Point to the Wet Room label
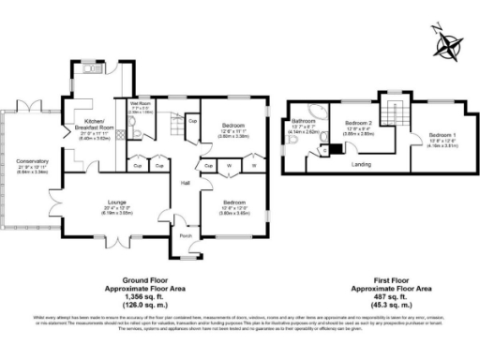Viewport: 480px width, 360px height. click(141, 103)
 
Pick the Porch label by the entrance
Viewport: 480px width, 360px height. click(184, 235)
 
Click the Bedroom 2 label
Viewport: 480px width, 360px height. click(358, 124)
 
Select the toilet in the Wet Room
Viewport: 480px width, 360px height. click(138, 135)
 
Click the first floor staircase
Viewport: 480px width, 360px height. click(390, 107)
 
